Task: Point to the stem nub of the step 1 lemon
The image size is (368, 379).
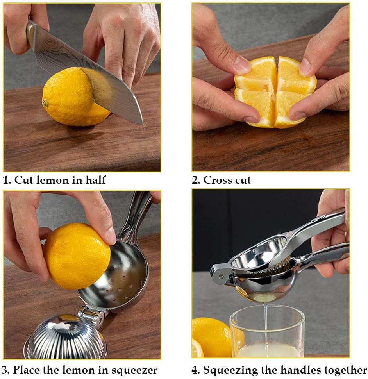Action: pos(46,102)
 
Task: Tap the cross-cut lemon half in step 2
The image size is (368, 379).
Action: pos(275,92)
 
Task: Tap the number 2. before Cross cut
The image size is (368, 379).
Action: pos(196,180)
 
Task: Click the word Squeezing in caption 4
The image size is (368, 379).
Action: pos(230,370)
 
